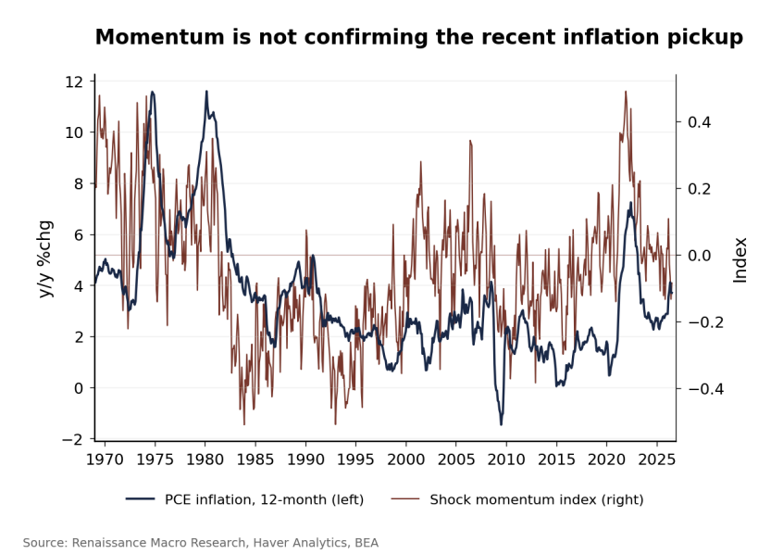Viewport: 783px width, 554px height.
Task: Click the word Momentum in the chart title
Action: tap(160, 37)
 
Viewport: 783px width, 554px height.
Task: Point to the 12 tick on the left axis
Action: tap(74, 82)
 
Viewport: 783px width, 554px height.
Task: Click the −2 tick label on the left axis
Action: tap(72, 439)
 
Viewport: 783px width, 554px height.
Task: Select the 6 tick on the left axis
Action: tap(79, 235)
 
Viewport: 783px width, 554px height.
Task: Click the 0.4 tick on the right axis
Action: tap(699, 122)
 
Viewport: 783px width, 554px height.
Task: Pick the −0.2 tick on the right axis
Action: tap(705, 322)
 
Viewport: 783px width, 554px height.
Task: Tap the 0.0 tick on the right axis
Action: tap(699, 256)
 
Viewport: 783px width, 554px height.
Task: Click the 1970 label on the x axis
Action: tap(105, 459)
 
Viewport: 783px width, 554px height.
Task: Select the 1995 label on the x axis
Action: tap(355, 459)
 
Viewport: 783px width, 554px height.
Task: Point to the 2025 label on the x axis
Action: tap(657, 459)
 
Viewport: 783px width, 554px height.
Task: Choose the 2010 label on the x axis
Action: tap(506, 459)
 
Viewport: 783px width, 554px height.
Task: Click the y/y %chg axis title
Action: tap(45, 259)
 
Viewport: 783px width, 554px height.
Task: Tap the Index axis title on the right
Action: tap(739, 260)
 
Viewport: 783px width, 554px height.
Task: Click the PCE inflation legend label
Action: tap(264, 499)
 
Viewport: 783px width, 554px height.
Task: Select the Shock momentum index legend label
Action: tap(537, 499)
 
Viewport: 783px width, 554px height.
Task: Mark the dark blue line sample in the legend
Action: tap(141, 499)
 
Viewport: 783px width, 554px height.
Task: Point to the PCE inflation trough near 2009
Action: tap(502, 424)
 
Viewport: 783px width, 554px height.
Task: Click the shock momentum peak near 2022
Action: tap(626, 92)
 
